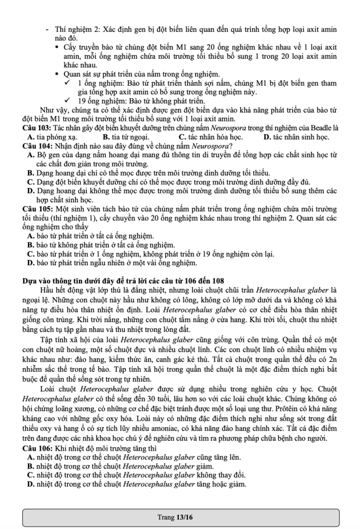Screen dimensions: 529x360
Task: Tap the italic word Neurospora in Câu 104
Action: click(x=208, y=146)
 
